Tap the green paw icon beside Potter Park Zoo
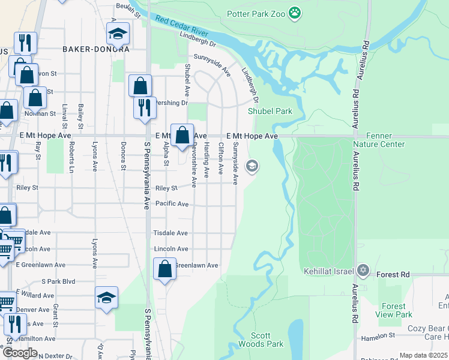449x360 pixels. pos(295,12)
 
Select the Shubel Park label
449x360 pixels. pos(270,111)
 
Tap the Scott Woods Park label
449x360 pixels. pos(260,340)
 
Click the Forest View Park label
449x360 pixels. pos(394,310)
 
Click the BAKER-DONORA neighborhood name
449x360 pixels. pos(95,49)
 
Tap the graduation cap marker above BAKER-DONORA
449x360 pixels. pos(118,34)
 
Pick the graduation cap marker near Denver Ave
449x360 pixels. pos(106,297)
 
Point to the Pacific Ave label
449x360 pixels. pos(172,204)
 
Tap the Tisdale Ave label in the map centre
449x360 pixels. pos(170,233)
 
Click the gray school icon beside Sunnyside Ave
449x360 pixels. pos(253,166)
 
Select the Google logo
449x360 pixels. pos(20,353)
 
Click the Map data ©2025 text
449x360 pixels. pos(423,356)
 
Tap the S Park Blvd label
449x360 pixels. pos(58,281)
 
